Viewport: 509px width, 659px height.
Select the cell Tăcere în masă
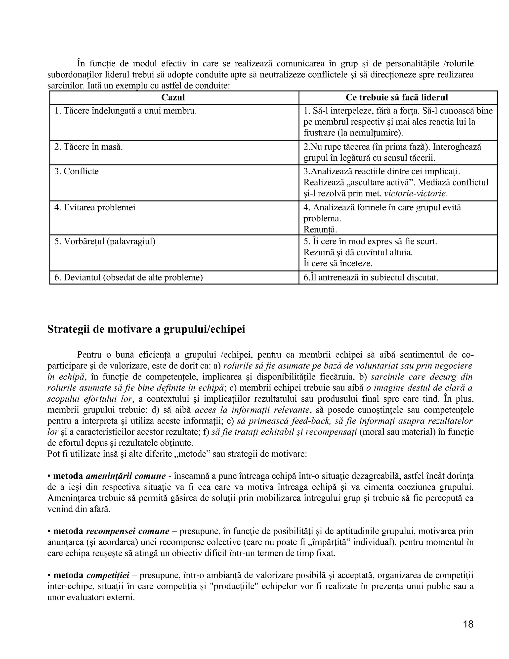coord(89,147)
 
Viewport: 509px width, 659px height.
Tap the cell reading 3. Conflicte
coord(77,171)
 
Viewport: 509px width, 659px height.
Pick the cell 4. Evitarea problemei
coord(95,208)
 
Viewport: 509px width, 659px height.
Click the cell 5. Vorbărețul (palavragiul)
coord(105,241)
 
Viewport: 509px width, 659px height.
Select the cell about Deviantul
coord(128,278)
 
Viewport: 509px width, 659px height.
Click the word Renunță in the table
coord(320,230)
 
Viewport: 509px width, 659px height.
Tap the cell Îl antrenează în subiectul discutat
coord(371,278)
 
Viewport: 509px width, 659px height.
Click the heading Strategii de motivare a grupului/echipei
coord(146,329)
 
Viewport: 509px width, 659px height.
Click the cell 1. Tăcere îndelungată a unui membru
coord(126,111)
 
